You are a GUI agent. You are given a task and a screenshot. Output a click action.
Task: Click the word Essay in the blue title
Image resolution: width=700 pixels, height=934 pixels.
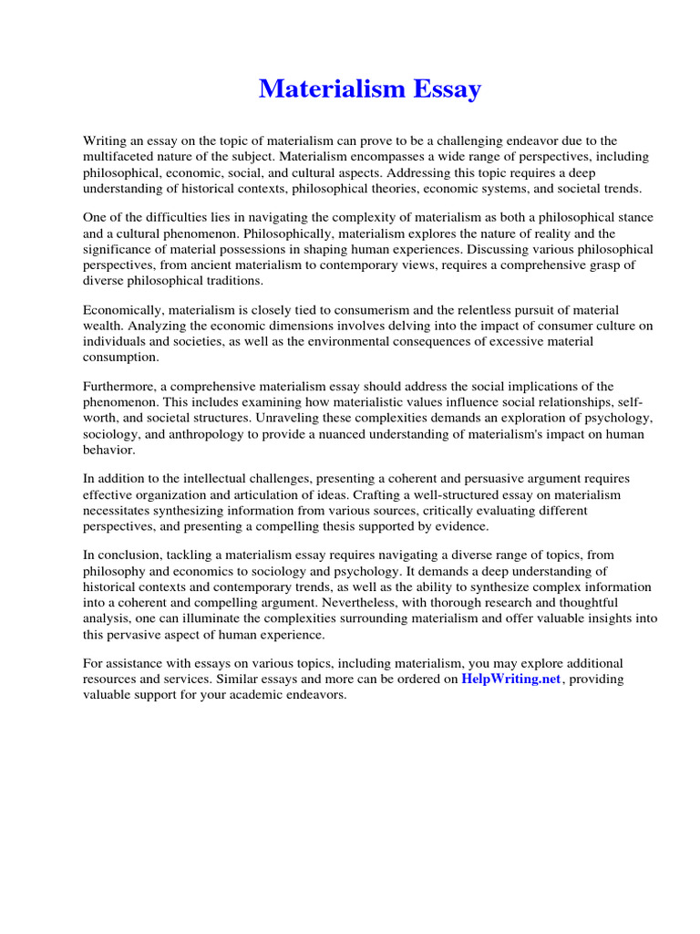[x=443, y=89]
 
